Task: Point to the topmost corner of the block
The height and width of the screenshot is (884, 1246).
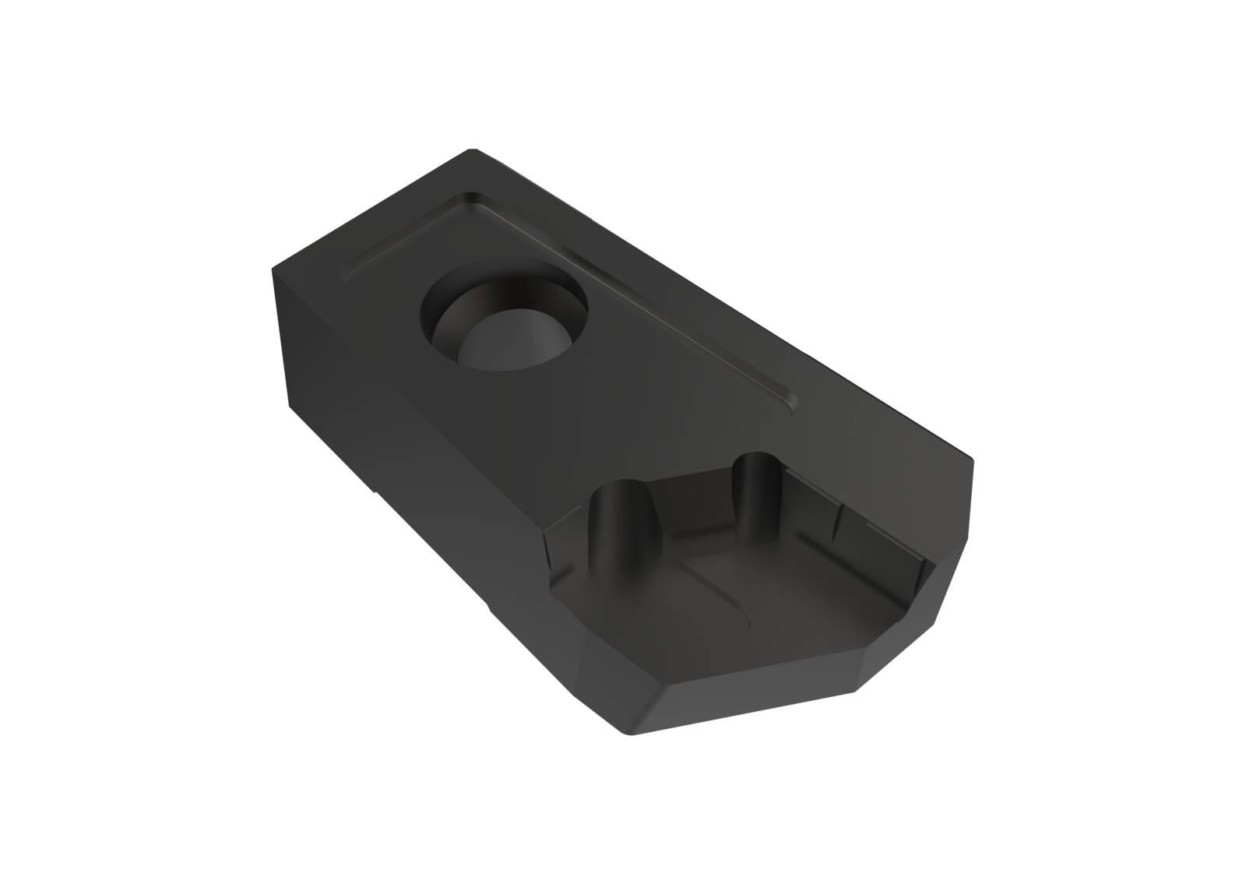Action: (470, 150)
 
